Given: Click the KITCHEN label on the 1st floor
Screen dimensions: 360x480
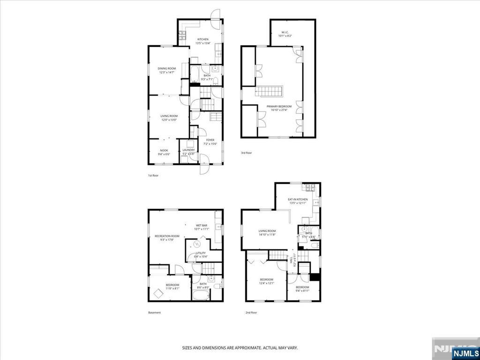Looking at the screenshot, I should (x=202, y=39).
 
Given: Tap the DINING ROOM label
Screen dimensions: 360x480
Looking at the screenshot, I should (x=167, y=68).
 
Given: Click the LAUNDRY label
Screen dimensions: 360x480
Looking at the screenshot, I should (x=188, y=150).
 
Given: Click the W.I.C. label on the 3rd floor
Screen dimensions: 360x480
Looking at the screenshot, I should (x=285, y=32).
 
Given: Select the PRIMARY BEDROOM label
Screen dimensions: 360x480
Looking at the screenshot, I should (x=279, y=106).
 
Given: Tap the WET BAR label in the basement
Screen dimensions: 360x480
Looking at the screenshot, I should (x=202, y=225).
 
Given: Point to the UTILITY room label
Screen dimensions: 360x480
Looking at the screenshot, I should (x=201, y=253).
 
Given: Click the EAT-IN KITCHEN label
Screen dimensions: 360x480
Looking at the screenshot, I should (x=298, y=199).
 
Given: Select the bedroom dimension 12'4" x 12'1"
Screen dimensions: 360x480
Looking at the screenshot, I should (x=267, y=283).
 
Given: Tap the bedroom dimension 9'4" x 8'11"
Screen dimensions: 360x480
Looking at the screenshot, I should (x=302, y=291).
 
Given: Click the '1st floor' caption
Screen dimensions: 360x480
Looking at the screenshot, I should (x=154, y=175).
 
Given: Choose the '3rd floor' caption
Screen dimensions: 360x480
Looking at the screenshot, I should (x=247, y=152).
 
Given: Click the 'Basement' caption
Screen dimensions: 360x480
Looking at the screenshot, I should (x=154, y=313).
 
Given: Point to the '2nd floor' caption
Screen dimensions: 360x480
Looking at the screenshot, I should (x=251, y=313).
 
